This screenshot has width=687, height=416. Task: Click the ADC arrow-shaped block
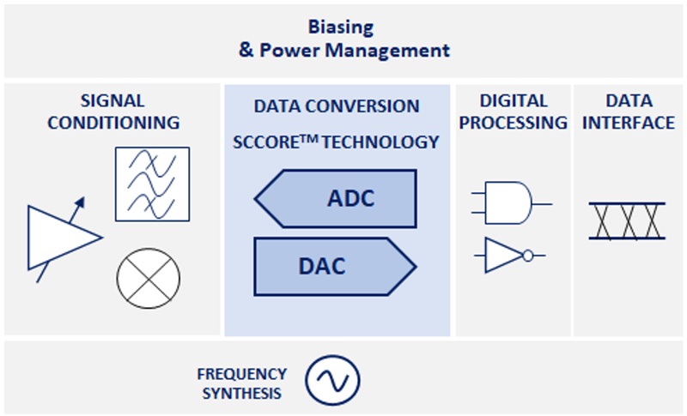click(337, 199)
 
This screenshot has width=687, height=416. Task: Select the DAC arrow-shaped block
click(335, 266)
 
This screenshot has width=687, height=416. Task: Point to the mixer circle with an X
click(148, 278)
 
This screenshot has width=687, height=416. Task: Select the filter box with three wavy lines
click(152, 183)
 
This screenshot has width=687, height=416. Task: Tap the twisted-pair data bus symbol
click(627, 220)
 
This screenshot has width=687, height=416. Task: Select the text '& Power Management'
click(343, 51)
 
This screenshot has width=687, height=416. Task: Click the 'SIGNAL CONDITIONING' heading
click(113, 112)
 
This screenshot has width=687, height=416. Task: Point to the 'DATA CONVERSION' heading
click(337, 106)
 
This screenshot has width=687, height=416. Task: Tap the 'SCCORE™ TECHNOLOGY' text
click(337, 142)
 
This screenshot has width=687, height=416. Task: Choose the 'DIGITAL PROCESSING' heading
click(513, 112)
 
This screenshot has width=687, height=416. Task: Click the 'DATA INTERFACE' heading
click(629, 112)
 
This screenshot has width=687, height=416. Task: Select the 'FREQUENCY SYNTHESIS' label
click(241, 383)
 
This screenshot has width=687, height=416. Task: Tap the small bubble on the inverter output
click(527, 255)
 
